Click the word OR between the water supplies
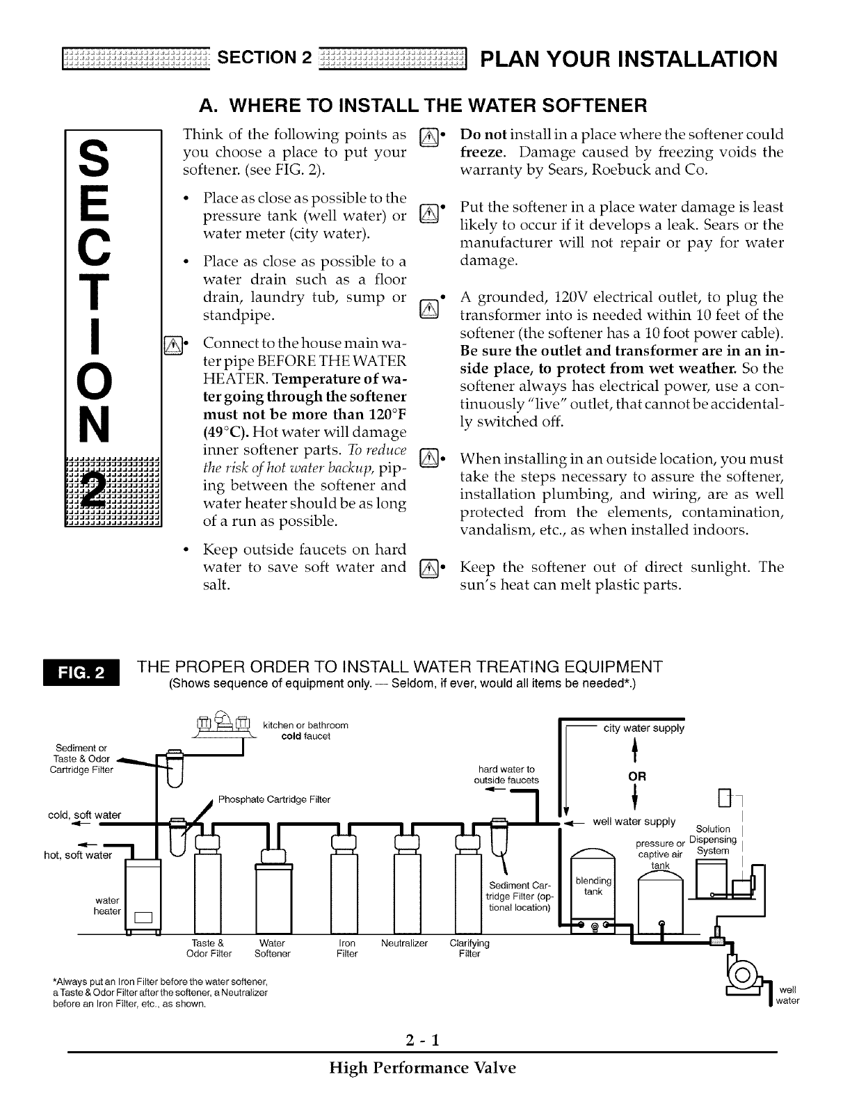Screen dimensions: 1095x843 [637, 776]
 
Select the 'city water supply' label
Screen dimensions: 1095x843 [643, 728]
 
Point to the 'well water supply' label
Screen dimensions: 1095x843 [634, 822]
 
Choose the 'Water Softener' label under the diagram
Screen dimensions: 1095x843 [272, 948]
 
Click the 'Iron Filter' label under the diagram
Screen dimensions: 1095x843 [346, 948]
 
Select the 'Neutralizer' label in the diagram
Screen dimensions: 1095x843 [405, 943]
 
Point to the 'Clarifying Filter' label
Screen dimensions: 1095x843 [469, 948]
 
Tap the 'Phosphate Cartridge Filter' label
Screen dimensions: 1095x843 [274, 799]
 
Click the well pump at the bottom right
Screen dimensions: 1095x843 [742, 970]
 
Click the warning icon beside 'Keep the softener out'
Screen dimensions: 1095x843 [430, 568]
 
